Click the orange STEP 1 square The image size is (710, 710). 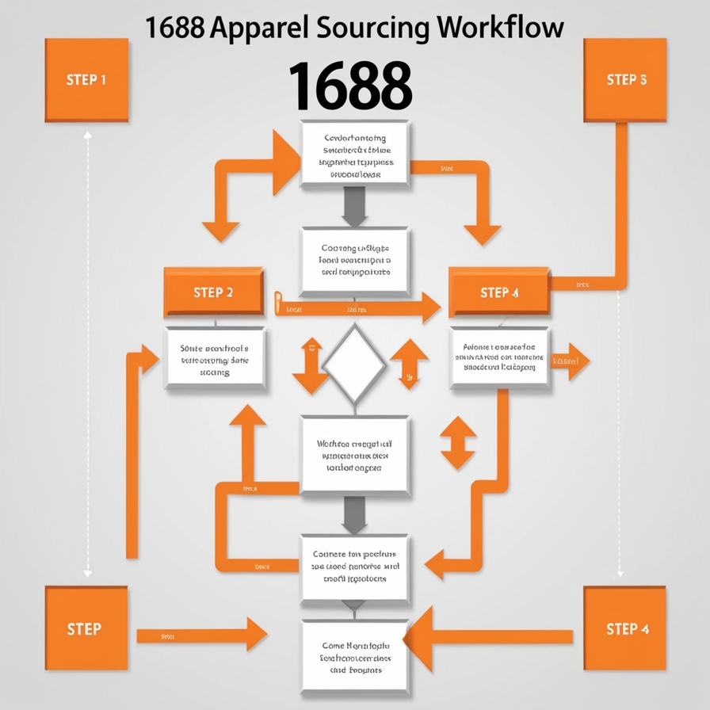tap(87, 80)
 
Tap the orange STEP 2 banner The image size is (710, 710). tap(213, 292)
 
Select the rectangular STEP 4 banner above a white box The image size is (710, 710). tap(499, 292)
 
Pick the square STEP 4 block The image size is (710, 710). tap(626, 628)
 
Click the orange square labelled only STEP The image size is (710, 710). tap(86, 629)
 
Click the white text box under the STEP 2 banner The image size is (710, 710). tap(214, 359)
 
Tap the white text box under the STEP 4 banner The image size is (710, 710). tap(499, 357)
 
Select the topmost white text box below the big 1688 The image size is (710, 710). tap(355, 155)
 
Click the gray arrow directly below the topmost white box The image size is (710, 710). tap(354, 207)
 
